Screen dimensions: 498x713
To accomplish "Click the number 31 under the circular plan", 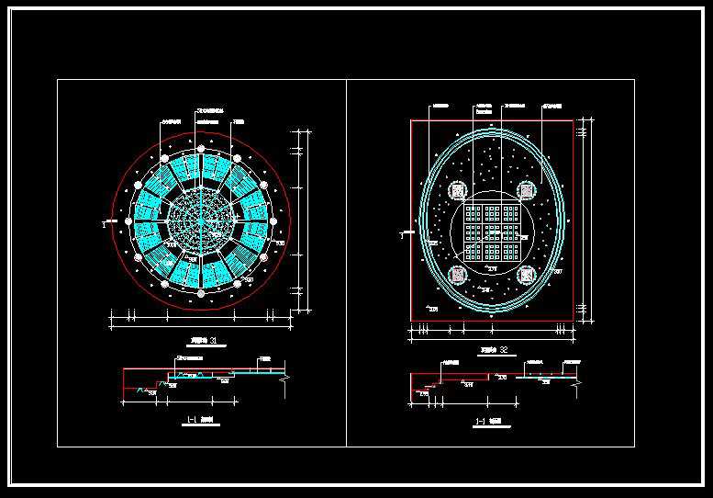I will pos(214,342).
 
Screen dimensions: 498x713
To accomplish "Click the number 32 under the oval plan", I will pos(504,349).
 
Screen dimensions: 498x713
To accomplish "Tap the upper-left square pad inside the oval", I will pos(457,191).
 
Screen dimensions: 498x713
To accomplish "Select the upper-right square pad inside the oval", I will pos(527,191).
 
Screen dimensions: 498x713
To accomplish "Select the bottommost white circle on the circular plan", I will pos(200,294).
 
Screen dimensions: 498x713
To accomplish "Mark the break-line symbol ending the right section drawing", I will pos(577,379).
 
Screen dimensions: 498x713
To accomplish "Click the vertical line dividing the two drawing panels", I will pos(347,262).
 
